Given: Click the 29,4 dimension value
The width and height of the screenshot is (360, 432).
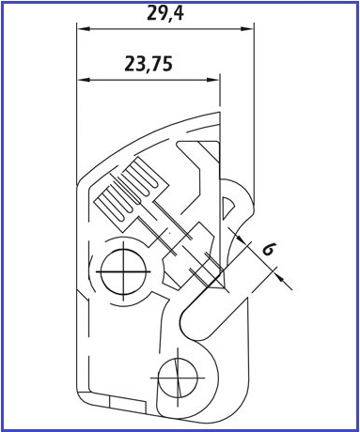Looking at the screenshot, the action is (x=165, y=13).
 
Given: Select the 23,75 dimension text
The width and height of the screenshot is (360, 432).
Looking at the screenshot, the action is (x=149, y=64).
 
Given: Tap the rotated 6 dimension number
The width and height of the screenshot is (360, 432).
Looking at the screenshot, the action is (x=269, y=249).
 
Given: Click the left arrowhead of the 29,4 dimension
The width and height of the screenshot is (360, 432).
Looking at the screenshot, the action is (x=84, y=29).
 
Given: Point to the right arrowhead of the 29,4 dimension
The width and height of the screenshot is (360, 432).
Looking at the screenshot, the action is (x=246, y=29).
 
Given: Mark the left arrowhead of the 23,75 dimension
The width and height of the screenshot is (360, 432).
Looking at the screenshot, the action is (x=84, y=80).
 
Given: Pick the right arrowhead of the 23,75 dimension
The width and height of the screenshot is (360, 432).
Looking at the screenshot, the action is (x=212, y=80).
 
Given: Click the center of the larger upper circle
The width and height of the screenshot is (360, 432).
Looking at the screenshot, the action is (x=123, y=271).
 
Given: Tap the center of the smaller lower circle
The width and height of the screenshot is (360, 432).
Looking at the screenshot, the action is (x=178, y=378).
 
